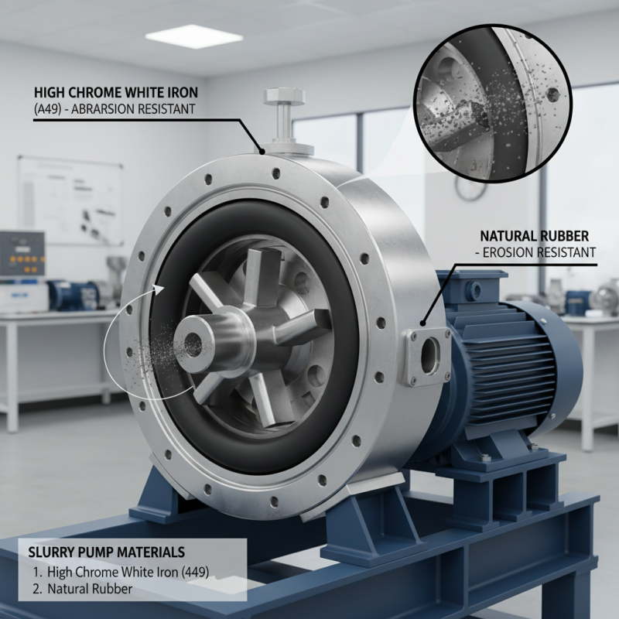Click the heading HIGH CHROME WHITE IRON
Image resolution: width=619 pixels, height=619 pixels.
point(115,92)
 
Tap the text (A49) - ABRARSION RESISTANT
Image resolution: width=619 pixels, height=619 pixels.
point(115,109)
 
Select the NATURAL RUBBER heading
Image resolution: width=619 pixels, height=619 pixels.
point(534,236)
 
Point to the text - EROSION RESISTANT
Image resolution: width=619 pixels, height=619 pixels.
point(535,252)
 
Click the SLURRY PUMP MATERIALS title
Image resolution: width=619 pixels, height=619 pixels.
point(107,552)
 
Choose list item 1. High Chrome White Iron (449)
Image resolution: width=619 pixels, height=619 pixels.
point(121,572)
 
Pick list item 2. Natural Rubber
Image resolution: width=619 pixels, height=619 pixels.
point(83,589)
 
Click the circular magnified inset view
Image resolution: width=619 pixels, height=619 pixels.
point(493,104)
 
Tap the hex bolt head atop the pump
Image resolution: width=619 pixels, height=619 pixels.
point(284,96)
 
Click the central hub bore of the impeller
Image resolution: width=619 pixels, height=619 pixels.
point(193,340)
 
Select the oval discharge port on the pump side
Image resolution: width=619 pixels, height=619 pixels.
point(430,356)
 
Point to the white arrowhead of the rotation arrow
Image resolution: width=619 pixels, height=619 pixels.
point(159,290)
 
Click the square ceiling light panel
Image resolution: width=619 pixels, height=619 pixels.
point(194,36)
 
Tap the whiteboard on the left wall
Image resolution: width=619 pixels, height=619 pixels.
point(70,200)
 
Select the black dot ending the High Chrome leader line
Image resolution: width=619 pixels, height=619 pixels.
point(261,151)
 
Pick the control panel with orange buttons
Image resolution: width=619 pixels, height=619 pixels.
point(22,254)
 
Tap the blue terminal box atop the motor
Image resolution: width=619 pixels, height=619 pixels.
point(472,286)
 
